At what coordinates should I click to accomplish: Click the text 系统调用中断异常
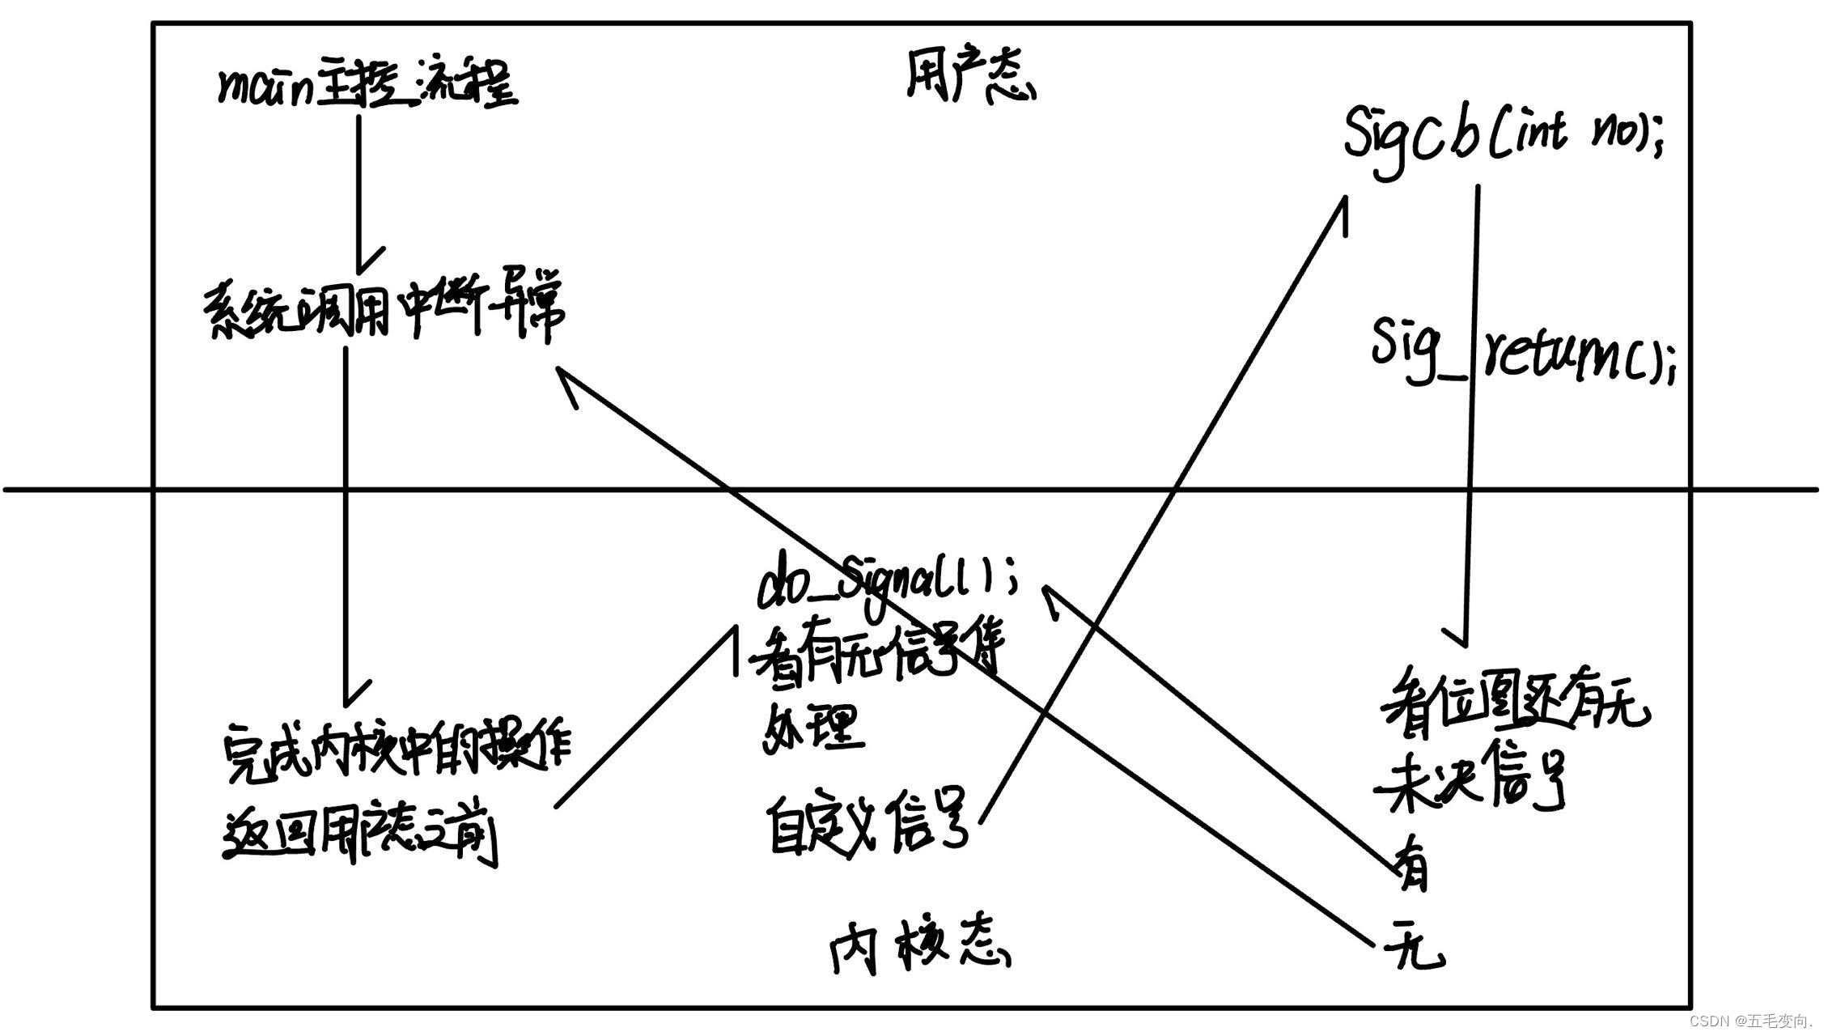click(x=384, y=312)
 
